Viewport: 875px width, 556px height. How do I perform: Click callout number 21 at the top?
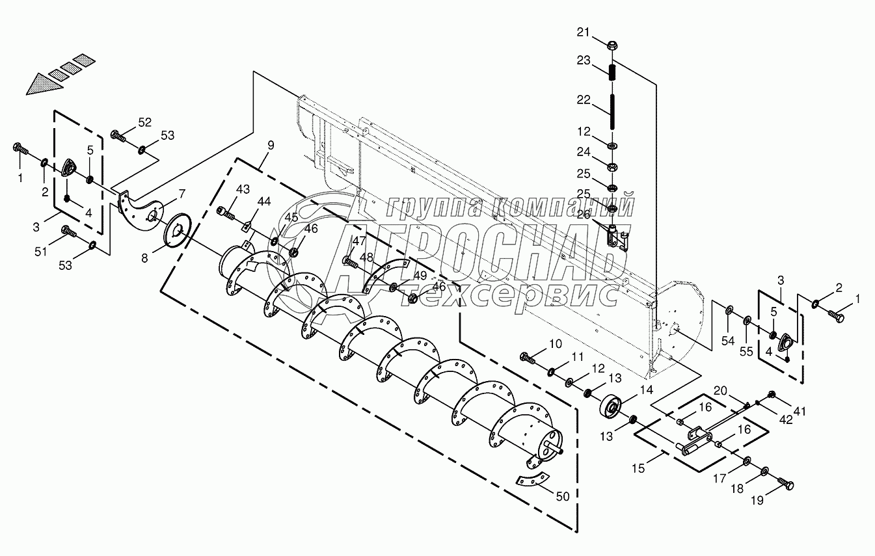[584, 32]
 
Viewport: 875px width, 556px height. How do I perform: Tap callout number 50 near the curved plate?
[563, 496]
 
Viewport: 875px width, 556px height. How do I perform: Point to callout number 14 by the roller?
[646, 390]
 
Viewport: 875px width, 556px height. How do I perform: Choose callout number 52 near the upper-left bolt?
[144, 122]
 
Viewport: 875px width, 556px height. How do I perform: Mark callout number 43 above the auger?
[243, 189]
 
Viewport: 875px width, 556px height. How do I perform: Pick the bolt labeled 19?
[786, 485]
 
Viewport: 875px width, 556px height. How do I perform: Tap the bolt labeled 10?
[528, 356]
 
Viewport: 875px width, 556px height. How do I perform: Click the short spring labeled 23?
[612, 71]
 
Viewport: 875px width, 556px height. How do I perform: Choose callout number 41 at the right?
[800, 410]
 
